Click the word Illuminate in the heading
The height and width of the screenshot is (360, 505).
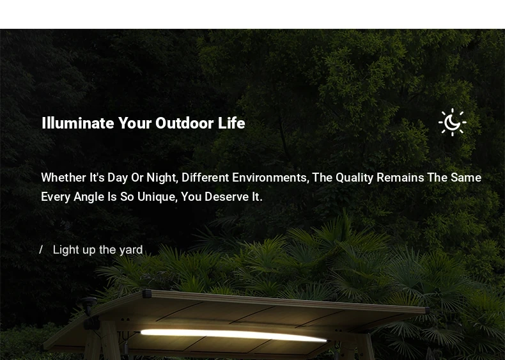click(x=78, y=123)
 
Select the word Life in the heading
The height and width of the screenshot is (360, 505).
click(x=231, y=123)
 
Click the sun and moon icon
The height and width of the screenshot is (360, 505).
click(x=453, y=122)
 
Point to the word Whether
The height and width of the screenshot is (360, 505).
click(x=63, y=178)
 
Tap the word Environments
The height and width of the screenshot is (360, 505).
click(x=269, y=178)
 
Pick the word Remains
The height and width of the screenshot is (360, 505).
click(x=400, y=178)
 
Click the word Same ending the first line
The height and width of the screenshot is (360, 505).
click(x=466, y=178)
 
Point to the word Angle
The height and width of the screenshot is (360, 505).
click(x=89, y=197)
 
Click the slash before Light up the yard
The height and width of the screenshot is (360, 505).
click(x=41, y=249)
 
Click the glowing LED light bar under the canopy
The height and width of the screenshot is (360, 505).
click(x=234, y=335)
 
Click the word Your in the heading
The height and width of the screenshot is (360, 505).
click(x=135, y=123)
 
